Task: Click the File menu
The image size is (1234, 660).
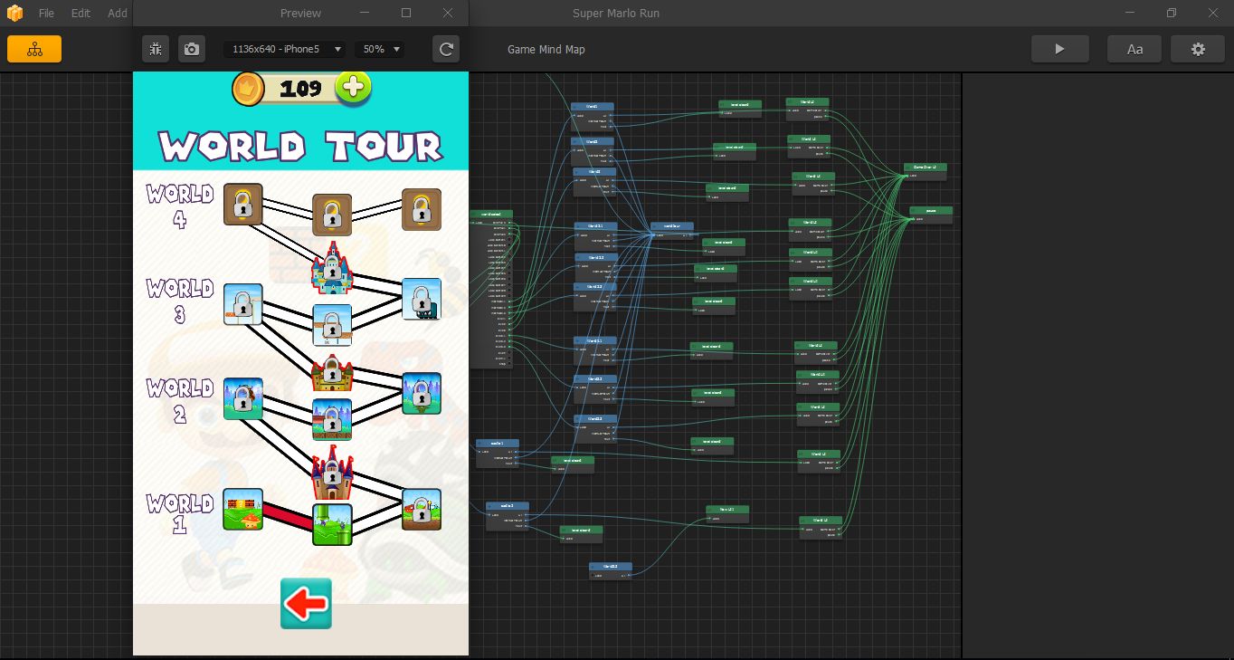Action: coord(46,14)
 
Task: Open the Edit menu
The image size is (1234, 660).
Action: coord(81,14)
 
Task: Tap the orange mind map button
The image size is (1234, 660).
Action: coord(34,49)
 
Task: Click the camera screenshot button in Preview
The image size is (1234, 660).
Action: coord(191,49)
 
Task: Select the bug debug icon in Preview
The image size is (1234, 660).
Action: coord(156,49)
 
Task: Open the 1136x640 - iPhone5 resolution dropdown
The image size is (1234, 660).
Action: coord(284,49)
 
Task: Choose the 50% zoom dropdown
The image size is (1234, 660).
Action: coord(380,49)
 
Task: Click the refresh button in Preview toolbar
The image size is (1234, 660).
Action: coord(446,49)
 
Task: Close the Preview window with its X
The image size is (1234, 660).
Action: coord(448,13)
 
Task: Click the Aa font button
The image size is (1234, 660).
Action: coord(1134,49)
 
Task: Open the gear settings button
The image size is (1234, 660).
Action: coord(1198,49)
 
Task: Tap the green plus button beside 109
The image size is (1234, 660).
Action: coord(353,87)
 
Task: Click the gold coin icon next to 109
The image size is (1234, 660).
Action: coord(247,88)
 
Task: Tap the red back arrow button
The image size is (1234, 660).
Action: coord(306,603)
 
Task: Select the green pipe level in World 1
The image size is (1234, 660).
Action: coord(332,524)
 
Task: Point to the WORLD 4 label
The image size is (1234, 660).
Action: coord(180,206)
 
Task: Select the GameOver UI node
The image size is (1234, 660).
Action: coord(925,171)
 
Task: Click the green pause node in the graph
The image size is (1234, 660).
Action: coord(931,214)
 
